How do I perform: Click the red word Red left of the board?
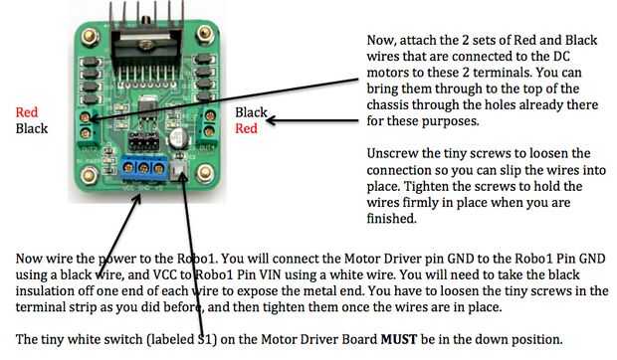tap(27, 112)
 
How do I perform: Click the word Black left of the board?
tap(32, 128)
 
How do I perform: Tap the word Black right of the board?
tap(251, 112)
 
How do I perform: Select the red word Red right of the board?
tap(247, 128)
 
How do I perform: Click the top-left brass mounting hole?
tap(90, 37)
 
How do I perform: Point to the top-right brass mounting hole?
tap(205, 34)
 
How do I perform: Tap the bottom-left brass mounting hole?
tap(89, 174)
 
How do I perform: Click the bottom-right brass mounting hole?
tap(205, 172)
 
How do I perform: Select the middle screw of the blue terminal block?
tap(143, 168)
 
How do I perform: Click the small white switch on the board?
tap(180, 170)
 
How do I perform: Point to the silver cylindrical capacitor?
tap(179, 137)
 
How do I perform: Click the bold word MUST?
tap(399, 339)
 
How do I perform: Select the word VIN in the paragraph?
tap(271, 274)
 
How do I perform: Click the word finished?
tap(391, 218)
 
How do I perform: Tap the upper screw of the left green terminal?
tap(85, 117)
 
